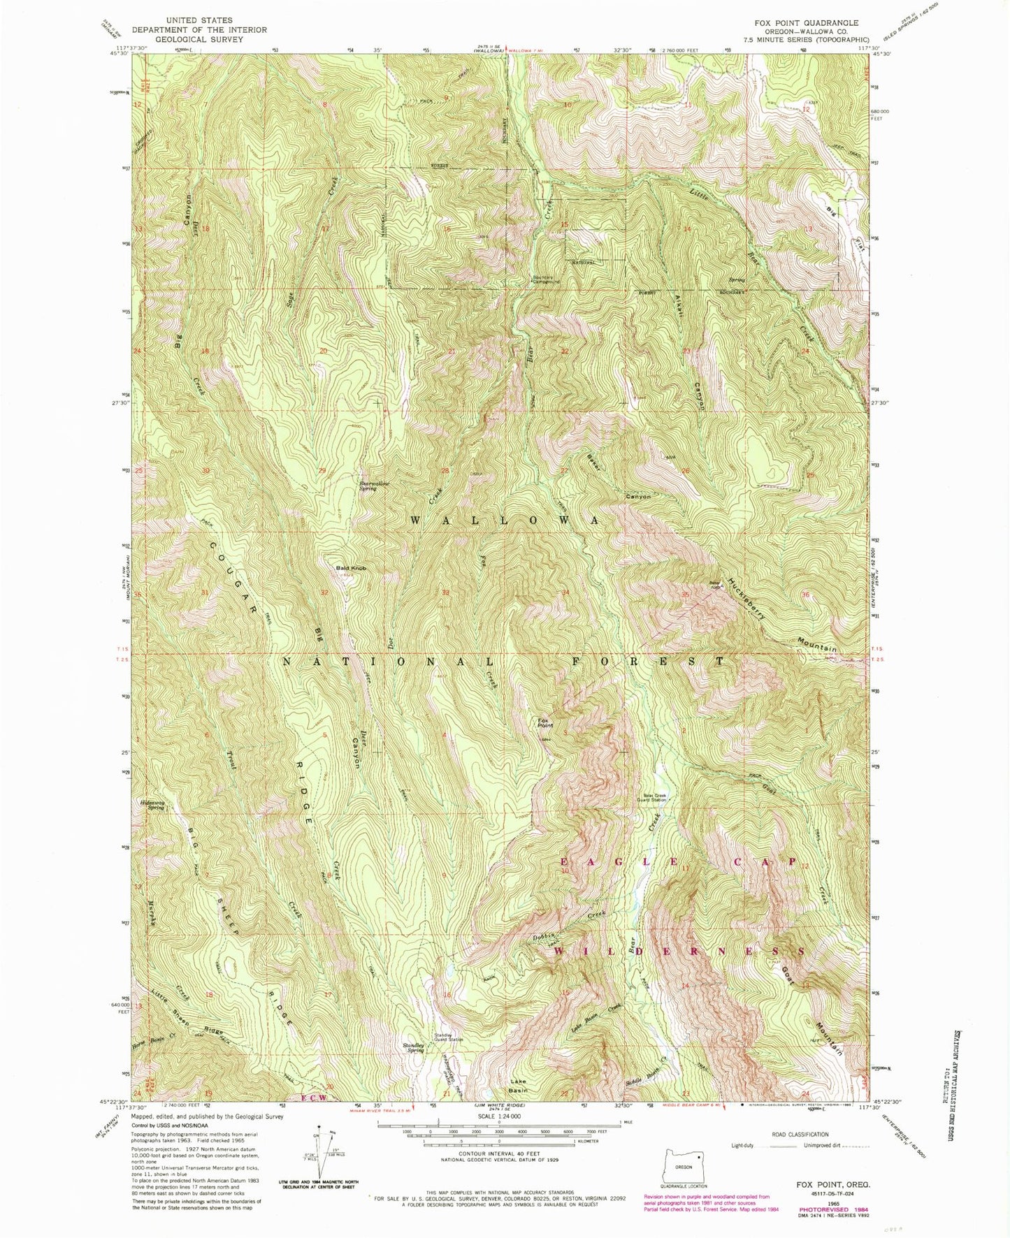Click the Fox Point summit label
pyautogui.click(x=545, y=723)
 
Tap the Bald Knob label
pyautogui.click(x=351, y=568)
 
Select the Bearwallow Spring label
pyautogui.click(x=374, y=486)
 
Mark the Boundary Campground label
pyautogui.click(x=547, y=281)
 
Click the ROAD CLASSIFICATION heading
pyautogui.click(x=800, y=1135)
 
